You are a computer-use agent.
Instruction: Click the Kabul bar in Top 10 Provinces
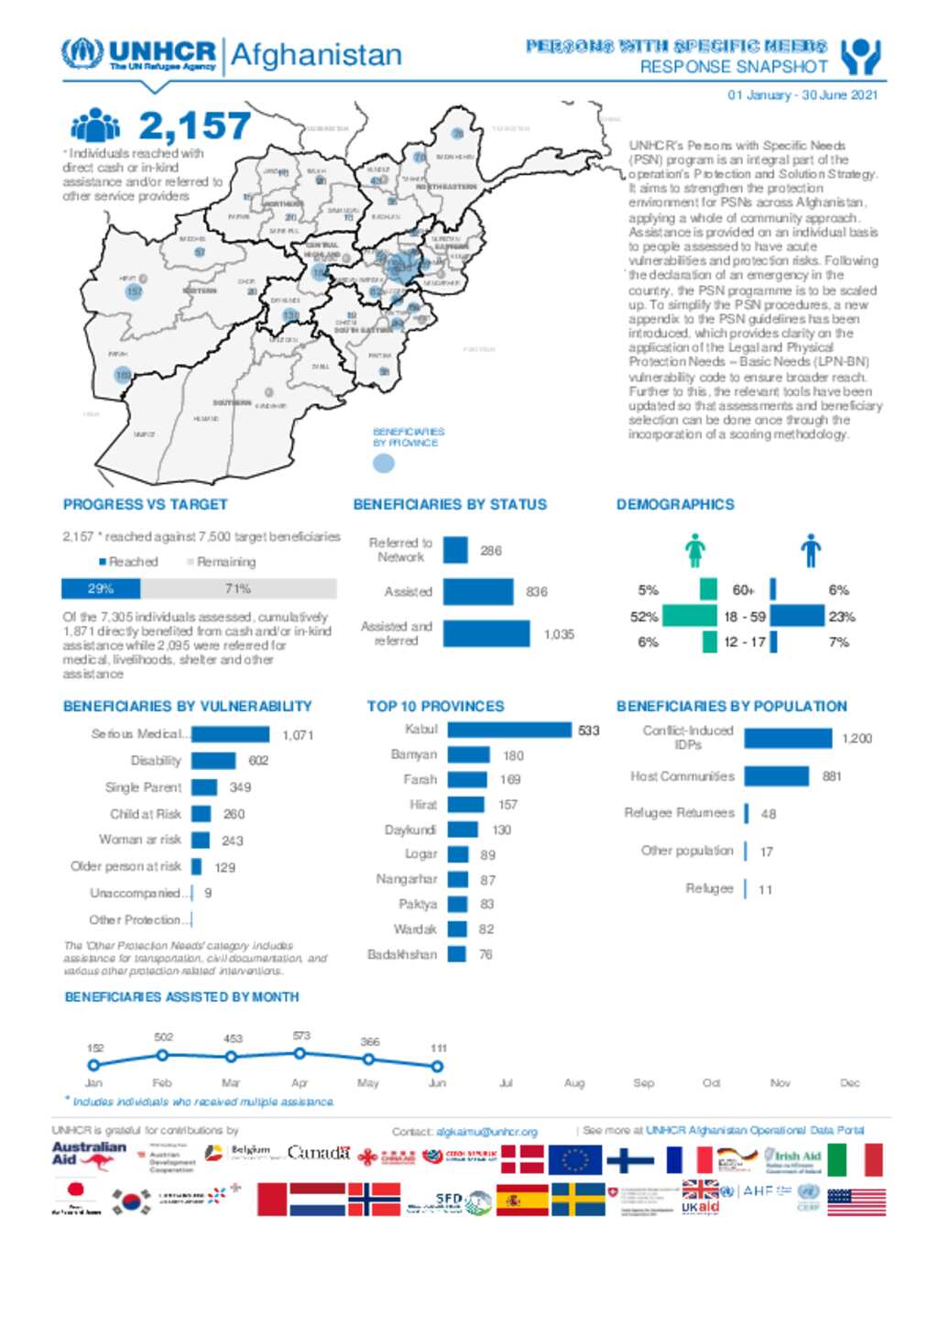509,730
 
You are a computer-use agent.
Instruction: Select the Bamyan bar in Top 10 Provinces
468,755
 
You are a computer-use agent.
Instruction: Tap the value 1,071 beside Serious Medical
298,735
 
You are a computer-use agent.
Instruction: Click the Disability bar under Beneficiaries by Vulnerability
213,761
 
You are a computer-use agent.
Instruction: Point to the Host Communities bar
776,776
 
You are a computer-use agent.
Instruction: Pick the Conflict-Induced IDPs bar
787,738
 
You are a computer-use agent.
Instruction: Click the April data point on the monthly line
300,1054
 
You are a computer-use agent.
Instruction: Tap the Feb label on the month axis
162,1082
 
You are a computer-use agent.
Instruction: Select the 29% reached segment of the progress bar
101,588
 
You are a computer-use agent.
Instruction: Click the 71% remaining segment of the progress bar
238,588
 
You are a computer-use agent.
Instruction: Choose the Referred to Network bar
455,550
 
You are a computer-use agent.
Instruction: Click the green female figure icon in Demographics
695,550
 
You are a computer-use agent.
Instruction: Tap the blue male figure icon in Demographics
810,550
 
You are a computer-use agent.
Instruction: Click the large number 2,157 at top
194,126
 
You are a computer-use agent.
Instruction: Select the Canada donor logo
319,1153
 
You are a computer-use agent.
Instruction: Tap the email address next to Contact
486,1132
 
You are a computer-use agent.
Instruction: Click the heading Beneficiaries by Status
450,504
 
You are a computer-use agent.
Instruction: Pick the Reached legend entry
129,562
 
